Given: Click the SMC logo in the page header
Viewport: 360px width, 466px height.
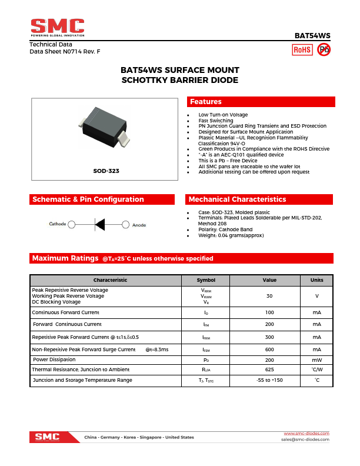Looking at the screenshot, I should point(58,27).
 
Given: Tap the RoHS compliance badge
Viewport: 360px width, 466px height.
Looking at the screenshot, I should point(302,50).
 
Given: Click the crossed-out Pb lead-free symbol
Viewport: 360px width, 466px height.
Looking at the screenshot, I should point(324,50).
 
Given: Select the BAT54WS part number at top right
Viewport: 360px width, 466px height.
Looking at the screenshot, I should point(312,35).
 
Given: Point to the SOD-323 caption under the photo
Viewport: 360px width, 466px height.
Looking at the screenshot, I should point(106,171).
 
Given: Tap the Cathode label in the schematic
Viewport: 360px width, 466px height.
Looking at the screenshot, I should point(58,224).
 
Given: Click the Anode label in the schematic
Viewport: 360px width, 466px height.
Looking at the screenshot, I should point(139,225).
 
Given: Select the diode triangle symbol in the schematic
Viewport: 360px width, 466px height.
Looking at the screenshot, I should point(100,224).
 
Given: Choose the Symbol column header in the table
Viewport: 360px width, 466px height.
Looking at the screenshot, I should point(206,280).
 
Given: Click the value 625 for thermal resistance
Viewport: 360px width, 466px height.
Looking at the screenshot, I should point(269,370).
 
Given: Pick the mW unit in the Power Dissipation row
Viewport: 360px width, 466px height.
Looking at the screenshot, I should point(316,360).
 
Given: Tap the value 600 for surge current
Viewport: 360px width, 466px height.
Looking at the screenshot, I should point(269,349).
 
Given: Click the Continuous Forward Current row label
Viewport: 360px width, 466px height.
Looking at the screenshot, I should point(65,312).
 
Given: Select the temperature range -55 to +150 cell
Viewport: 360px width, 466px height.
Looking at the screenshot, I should point(269,380).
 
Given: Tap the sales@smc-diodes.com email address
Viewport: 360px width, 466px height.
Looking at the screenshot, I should point(305,440).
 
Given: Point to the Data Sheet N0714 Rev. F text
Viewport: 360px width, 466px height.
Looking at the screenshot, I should point(65,52).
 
